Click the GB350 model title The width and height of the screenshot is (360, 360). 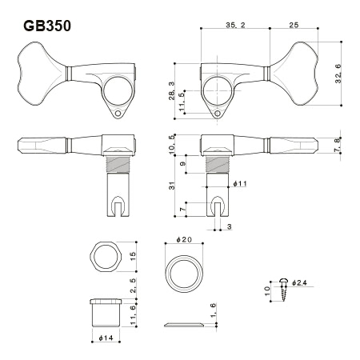(47, 26)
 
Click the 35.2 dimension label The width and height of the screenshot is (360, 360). (235, 25)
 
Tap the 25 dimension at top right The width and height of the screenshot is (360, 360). (294, 25)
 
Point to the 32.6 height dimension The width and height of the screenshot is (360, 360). (338, 74)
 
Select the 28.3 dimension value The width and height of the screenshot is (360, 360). (172, 91)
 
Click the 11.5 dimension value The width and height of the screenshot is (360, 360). (182, 102)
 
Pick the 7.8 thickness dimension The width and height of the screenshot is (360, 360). (338, 146)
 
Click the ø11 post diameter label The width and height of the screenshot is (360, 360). (240, 183)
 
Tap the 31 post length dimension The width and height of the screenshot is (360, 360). (172, 186)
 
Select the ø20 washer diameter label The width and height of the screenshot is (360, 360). (184, 239)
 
